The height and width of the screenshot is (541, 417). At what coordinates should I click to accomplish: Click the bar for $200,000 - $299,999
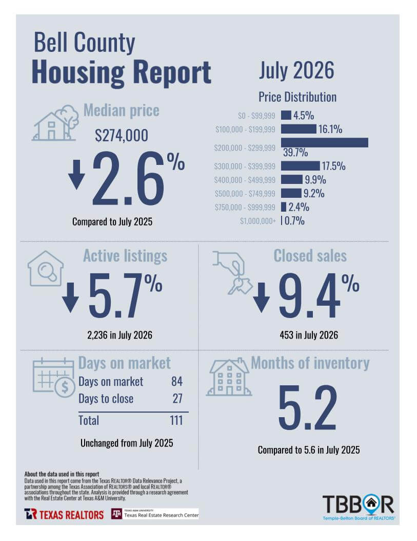coord(324,142)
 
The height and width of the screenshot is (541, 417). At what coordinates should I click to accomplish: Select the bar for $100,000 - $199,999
coord(299,129)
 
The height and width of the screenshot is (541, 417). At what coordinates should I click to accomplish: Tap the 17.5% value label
coord(333,166)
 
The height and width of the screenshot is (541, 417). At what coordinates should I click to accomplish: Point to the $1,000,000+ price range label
coord(258,221)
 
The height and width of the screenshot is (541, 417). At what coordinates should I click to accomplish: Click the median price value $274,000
coord(122,135)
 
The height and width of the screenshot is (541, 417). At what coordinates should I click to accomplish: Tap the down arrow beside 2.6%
coord(76,174)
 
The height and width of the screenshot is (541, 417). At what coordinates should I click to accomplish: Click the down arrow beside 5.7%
coord(71,297)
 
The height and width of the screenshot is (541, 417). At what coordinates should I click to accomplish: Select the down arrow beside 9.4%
coord(262,297)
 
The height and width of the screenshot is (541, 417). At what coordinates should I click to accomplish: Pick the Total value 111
coord(176,420)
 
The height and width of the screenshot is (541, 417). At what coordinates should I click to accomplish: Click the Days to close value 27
coord(177,399)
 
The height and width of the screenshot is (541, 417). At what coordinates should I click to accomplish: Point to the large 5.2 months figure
coord(308,407)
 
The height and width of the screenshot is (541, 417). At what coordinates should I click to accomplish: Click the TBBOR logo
coord(359,508)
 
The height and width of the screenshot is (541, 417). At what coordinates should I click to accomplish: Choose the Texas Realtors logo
coord(64,514)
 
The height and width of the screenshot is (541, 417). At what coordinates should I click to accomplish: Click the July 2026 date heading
coord(296,70)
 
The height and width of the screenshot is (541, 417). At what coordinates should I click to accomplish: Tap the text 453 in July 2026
coord(309,335)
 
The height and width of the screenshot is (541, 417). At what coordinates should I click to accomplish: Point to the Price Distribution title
coord(297,97)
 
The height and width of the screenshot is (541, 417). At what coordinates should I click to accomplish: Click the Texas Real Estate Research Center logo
coord(155,514)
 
